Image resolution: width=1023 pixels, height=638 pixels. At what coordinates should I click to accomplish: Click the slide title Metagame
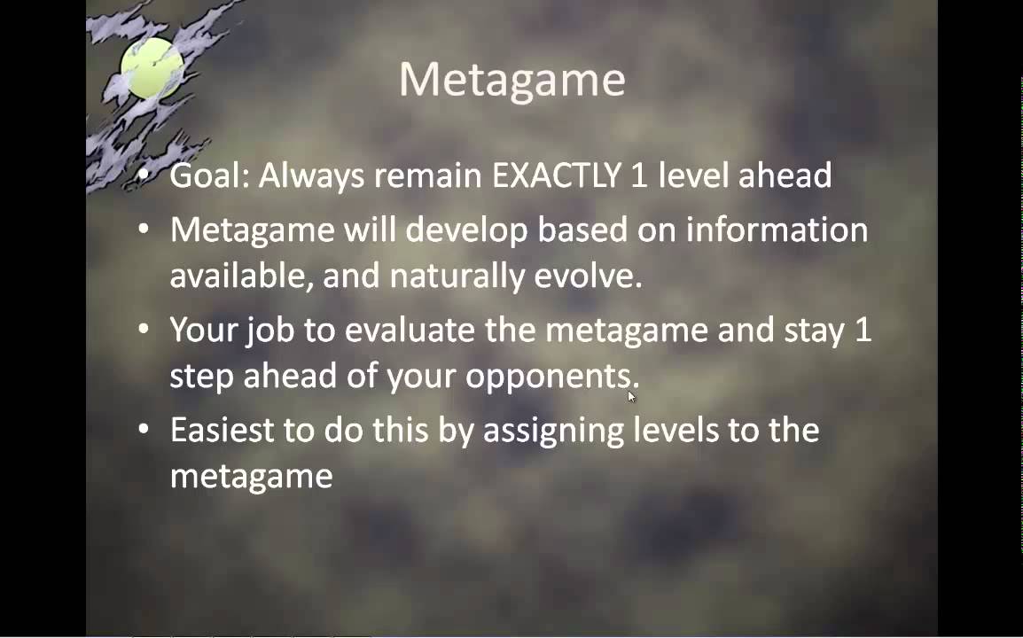pos(512,79)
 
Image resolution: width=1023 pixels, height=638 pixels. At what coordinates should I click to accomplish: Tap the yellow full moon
pos(152,68)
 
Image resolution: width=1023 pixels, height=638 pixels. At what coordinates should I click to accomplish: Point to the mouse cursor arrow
pos(631,396)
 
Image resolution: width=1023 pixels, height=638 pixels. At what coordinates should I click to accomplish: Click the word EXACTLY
pos(557,175)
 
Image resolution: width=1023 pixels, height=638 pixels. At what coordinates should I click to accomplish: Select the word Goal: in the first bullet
pos(208,175)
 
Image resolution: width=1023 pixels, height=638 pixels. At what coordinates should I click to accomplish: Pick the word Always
pos(311,175)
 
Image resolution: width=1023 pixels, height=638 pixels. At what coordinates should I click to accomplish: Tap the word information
pos(777,230)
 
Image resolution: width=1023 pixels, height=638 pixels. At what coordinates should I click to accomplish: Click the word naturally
pos(457,276)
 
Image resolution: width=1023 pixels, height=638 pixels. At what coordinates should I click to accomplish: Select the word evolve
pos(588,276)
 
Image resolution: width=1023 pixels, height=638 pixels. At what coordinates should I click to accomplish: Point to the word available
pos(241,276)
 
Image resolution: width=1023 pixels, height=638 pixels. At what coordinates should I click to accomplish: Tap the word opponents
pos(551,377)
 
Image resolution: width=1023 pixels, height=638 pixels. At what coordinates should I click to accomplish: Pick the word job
pos(270,331)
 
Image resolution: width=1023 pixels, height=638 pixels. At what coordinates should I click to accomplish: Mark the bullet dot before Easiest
pos(144,430)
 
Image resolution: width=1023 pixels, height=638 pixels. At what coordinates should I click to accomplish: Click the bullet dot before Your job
pos(144,330)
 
